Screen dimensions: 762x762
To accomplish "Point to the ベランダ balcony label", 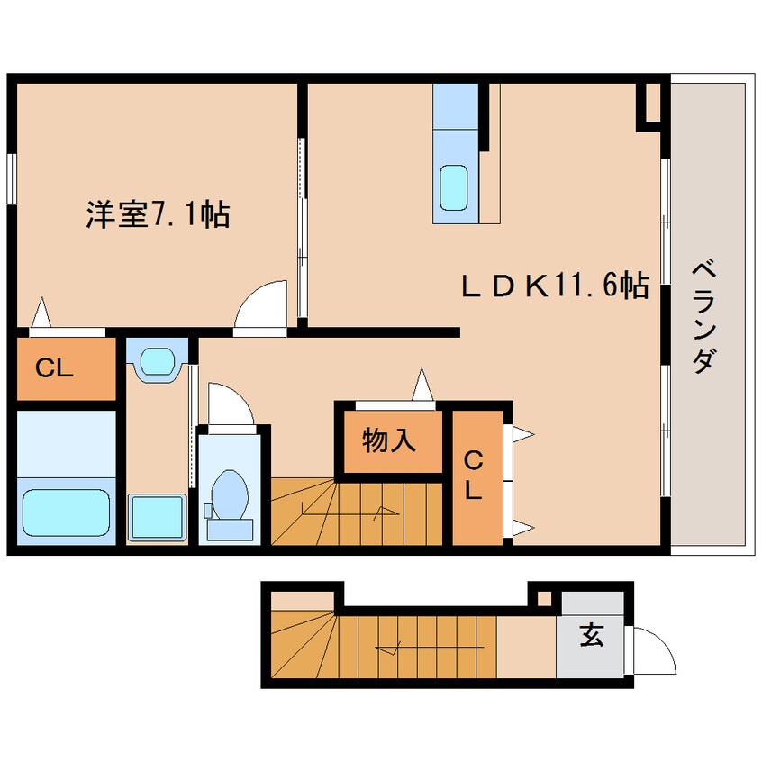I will [x=706, y=315].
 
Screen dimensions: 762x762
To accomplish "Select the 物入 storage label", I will [x=389, y=440].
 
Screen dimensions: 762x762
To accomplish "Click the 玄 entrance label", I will [x=590, y=637].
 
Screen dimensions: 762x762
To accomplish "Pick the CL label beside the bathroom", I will [x=54, y=367].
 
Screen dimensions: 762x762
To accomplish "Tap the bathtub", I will [x=67, y=513].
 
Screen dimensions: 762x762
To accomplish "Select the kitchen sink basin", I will [x=454, y=186].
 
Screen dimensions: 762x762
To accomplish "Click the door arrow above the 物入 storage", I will [x=421, y=385].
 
